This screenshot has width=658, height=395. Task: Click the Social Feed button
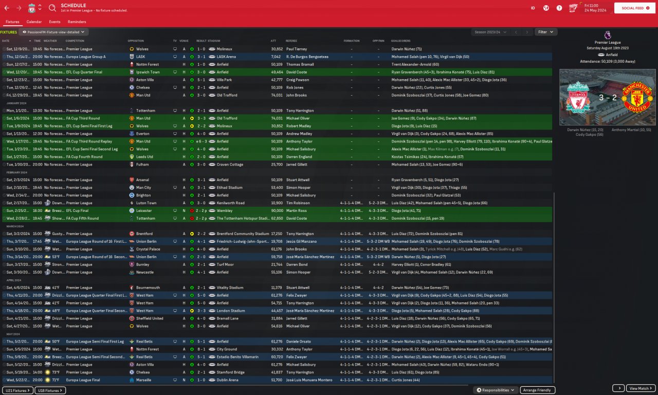coord(632,8)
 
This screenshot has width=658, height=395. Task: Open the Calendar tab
coord(34,22)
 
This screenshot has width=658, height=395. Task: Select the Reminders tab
coord(77,22)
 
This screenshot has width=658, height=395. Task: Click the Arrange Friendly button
coord(537,390)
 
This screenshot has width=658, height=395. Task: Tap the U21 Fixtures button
coord(17,390)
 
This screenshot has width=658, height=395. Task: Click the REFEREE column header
coord(291,41)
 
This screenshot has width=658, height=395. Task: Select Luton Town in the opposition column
coord(146,203)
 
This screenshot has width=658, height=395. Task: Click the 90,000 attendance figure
coord(277,211)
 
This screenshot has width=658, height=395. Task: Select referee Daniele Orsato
coord(299,342)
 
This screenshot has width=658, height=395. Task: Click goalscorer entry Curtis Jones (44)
coord(406,380)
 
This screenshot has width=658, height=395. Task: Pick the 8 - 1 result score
coord(201,349)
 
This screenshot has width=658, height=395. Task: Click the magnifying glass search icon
coord(52,8)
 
